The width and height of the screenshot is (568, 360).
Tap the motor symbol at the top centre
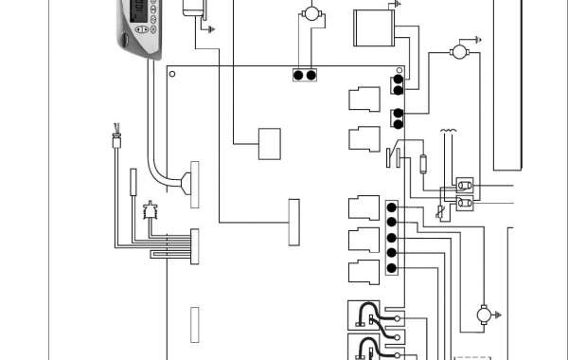(309, 14)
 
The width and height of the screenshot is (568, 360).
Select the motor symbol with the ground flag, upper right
(461, 50)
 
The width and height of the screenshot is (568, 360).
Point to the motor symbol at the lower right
(482, 314)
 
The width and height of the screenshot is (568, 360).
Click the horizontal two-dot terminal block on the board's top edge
(305, 75)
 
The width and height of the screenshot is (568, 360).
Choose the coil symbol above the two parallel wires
(449, 133)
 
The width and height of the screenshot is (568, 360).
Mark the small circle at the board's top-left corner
(171, 72)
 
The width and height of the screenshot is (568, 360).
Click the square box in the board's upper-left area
(270, 144)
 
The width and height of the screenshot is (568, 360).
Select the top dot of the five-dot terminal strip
(391, 207)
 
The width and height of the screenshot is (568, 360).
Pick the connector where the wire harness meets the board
(196, 245)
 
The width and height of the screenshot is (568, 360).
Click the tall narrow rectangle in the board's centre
(293, 222)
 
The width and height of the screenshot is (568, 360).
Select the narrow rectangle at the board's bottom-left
(195, 325)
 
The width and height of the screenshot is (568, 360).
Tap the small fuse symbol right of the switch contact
(423, 163)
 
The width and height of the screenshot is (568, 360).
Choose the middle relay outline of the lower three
(363, 239)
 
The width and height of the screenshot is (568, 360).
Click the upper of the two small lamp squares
(464, 184)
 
